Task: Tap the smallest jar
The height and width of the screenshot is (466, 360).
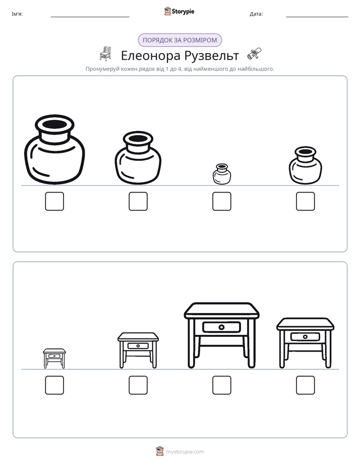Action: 221,174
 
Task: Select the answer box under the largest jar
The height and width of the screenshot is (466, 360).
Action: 54,201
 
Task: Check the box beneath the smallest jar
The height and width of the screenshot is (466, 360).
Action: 221,201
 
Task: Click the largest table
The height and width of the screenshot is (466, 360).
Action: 221,335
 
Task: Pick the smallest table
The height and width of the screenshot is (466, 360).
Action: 54,359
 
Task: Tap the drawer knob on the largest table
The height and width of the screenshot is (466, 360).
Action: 221,327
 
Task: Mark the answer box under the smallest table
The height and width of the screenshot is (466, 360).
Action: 54,385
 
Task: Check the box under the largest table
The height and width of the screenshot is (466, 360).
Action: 221,385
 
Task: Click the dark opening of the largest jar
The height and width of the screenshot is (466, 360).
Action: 54,124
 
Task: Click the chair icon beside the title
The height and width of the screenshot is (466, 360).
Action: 105,54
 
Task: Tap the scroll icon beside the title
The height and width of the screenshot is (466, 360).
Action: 254,54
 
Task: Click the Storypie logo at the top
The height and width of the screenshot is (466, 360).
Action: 179,11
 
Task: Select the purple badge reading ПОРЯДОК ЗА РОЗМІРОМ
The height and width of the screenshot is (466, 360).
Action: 179,40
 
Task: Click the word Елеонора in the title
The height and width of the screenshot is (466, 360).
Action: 151,55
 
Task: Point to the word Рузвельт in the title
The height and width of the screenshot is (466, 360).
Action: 211,55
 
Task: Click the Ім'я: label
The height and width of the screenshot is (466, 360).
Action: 17,14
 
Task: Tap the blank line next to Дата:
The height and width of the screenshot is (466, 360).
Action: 317,17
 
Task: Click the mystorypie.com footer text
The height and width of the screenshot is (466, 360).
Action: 185,452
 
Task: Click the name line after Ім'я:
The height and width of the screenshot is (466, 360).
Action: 90,17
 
